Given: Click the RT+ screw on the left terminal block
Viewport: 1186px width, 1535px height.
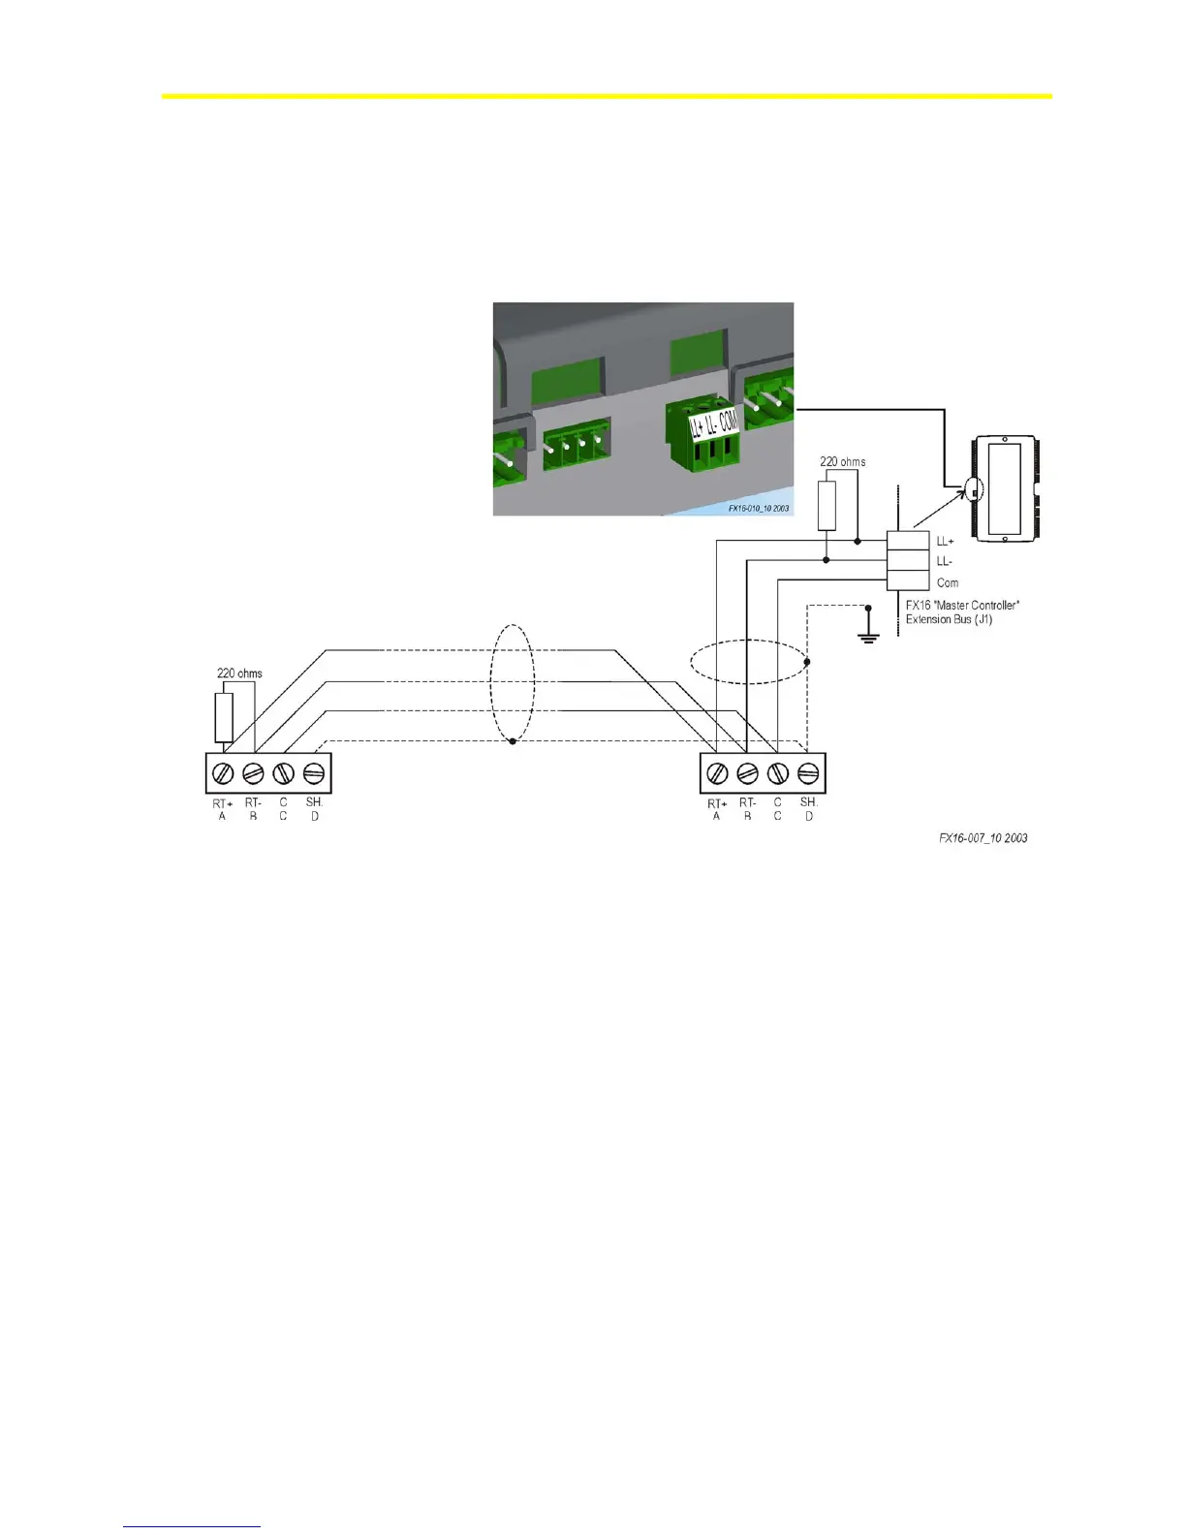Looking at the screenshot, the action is coord(223,773).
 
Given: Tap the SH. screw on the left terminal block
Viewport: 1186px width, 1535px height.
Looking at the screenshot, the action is coord(313,773).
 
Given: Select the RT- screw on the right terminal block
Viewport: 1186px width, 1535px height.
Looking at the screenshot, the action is coord(747,773).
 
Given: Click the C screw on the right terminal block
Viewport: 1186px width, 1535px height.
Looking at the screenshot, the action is coord(777,773).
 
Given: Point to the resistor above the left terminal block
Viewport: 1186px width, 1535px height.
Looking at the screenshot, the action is coord(224,718).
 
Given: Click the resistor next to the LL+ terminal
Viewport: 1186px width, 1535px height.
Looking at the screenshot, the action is coord(827,505).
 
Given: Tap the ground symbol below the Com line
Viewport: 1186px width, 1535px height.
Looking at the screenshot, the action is coord(868,637).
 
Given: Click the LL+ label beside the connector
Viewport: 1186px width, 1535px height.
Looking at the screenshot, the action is coord(945,542).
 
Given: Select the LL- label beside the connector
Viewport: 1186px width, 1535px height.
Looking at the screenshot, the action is coord(945,562).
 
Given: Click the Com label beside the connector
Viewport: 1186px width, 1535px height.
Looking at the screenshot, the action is coord(948,583).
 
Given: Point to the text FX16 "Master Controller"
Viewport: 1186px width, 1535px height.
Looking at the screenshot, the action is coord(962,606).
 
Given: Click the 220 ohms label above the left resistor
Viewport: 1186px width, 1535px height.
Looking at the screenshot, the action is coord(239,674).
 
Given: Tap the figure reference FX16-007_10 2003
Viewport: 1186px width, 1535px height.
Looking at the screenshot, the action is coord(983,838).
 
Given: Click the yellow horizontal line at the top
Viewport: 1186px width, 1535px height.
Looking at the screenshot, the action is coord(606,97).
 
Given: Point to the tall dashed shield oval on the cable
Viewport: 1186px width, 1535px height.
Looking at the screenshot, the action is coord(512,684).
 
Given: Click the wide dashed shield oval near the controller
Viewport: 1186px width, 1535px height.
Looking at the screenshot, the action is coord(748,662).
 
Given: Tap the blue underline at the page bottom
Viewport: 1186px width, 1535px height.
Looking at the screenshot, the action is coord(192,1527).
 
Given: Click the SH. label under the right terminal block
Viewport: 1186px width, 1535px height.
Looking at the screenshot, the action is coord(809,802).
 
